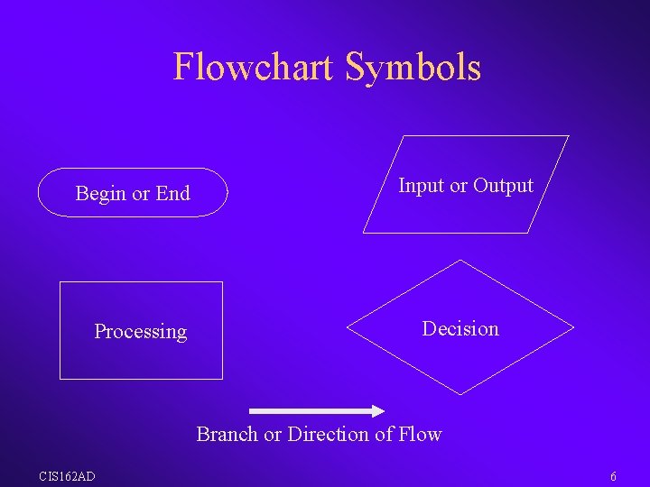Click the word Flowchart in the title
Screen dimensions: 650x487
(255, 67)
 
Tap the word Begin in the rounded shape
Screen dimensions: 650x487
(101, 193)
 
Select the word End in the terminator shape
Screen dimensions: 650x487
(172, 193)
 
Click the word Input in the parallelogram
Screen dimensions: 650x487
(421, 186)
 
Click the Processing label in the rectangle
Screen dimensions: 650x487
(140, 332)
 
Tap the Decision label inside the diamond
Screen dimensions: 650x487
(460, 329)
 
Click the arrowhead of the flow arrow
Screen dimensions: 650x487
(378, 409)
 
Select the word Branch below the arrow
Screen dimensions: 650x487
(227, 435)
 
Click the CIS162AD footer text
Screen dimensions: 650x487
(66, 476)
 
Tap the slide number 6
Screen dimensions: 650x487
(613, 476)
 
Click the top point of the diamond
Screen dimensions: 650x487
(460, 260)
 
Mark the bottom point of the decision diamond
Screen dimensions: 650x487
(460, 394)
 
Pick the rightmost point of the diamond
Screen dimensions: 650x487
(573, 326)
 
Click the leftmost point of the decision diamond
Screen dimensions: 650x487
(348, 326)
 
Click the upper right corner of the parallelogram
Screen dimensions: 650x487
(569, 136)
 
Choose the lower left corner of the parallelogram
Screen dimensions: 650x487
(364, 233)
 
